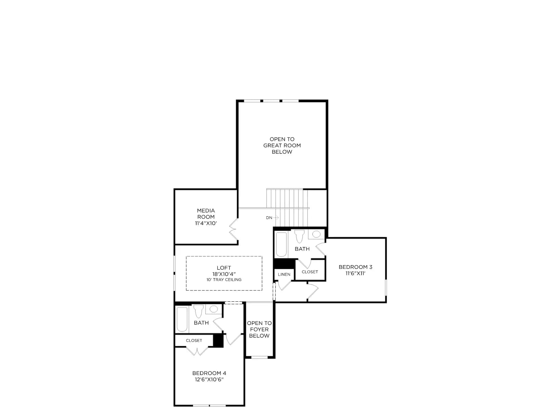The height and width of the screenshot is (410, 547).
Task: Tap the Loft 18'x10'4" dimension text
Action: click(224, 274)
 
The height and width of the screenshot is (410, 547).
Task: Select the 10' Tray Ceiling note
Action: click(224, 280)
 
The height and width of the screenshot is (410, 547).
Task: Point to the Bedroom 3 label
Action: click(355, 267)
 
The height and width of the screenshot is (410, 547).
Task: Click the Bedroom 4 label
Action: click(209, 373)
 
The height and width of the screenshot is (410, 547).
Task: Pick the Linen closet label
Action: click(284, 274)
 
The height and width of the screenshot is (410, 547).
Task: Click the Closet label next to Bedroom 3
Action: click(310, 272)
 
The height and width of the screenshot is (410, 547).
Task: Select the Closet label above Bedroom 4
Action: click(194, 340)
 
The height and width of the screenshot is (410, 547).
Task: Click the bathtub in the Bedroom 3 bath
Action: click(281, 244)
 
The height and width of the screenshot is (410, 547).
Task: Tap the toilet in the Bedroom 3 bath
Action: click(299, 236)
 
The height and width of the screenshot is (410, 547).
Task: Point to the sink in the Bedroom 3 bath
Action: click(316, 234)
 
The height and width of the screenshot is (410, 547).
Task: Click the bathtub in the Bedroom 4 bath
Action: click(182, 319)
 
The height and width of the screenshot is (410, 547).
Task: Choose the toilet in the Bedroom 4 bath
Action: click(198, 311)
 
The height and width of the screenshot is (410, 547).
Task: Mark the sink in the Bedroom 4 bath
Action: click(214, 309)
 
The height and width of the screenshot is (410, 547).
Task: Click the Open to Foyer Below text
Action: click(259, 329)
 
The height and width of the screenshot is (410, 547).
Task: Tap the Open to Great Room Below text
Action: click(282, 146)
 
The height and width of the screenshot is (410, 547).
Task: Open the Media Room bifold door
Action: click(234, 230)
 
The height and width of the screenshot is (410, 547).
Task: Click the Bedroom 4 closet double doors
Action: click(197, 351)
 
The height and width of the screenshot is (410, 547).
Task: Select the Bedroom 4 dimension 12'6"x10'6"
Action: click(209, 380)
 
